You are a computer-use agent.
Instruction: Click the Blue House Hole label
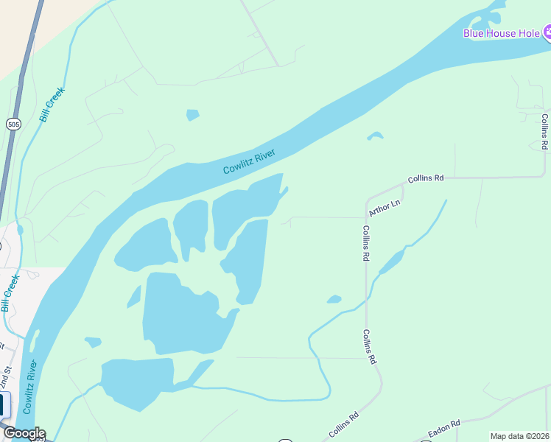coord(501,32)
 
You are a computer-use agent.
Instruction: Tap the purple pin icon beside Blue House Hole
coord(547,32)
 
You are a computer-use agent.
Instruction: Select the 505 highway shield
coord(13,124)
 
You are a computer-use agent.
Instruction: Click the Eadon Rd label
coord(444,427)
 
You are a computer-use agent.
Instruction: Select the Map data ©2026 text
coord(519,436)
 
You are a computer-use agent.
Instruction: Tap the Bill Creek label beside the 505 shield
coord(53,104)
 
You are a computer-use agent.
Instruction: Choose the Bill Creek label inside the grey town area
coord(10,292)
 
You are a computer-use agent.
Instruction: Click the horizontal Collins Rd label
coord(427,178)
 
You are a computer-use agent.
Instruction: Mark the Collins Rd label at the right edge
coord(544,132)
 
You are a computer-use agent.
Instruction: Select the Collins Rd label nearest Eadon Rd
coord(344,425)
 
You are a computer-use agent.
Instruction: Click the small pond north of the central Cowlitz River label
coord(192,114)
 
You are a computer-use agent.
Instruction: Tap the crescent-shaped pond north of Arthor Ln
coord(376,136)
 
